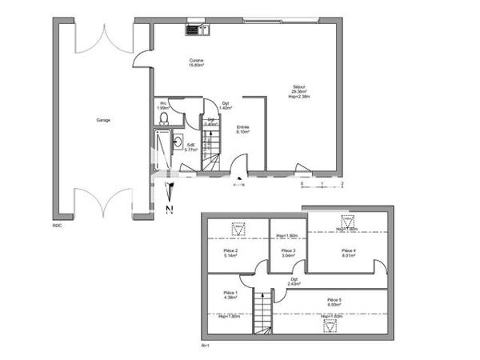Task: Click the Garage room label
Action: click(x=103, y=120)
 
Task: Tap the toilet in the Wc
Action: click(x=163, y=118)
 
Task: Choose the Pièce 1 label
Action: click(x=230, y=296)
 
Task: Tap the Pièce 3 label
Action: click(x=288, y=253)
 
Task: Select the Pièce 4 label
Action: click(x=348, y=253)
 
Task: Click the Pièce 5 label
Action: click(x=334, y=302)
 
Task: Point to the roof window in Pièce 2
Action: click(x=238, y=230)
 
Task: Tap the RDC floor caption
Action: click(x=58, y=225)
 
